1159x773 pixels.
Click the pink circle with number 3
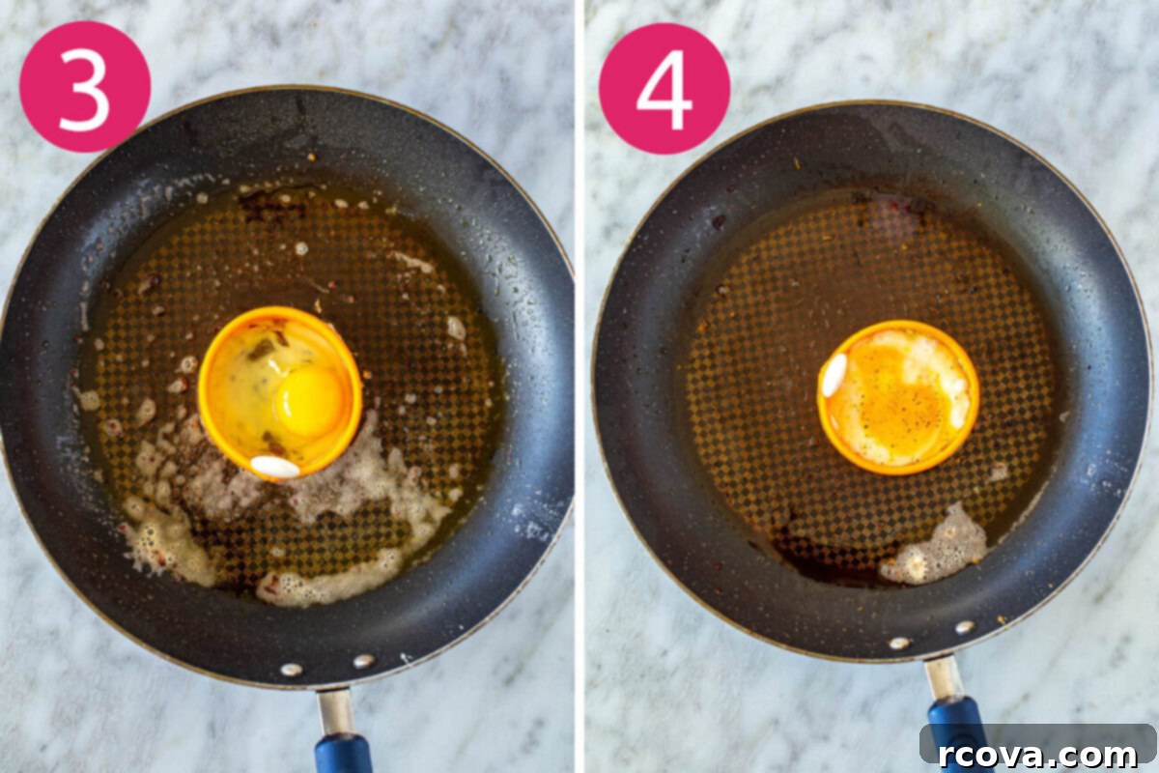[85, 87]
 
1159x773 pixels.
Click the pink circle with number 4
[664, 89]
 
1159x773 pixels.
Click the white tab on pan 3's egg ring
[274, 467]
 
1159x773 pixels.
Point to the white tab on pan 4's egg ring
[834, 375]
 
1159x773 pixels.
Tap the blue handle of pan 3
[344, 754]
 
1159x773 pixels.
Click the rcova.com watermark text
[1037, 755]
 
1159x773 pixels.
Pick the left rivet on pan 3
[292, 670]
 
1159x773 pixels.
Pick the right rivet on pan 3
[364, 661]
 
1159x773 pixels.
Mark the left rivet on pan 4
[899, 644]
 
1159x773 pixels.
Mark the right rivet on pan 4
[965, 627]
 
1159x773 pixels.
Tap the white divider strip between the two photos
[579, 386]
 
